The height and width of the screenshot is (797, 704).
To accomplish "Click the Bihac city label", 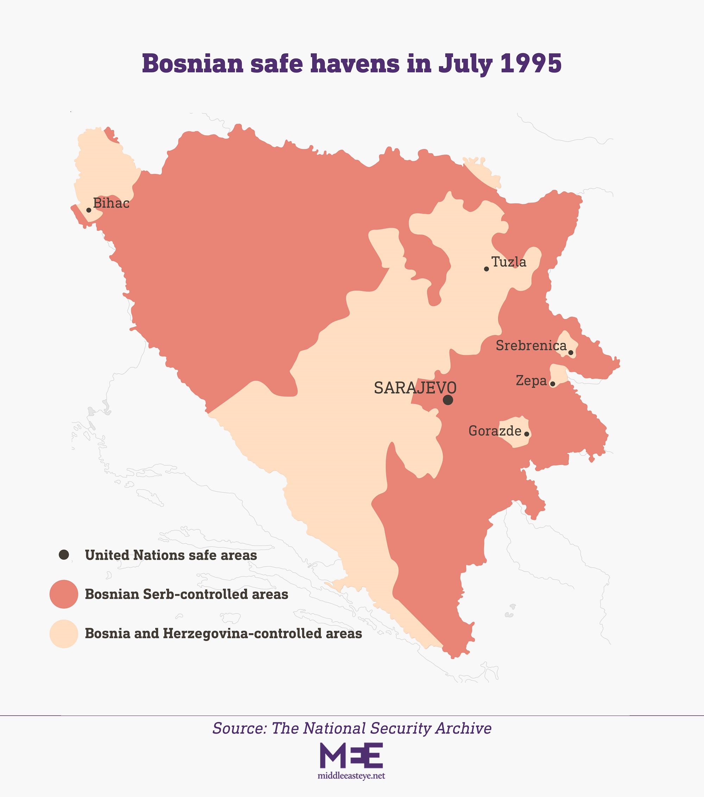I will (111, 204).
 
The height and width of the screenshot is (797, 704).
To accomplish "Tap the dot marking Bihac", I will (88, 210).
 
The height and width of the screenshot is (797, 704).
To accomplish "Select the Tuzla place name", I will (509, 262).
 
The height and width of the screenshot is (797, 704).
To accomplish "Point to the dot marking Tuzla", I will (486, 269).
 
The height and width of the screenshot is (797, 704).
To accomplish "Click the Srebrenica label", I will (531, 346).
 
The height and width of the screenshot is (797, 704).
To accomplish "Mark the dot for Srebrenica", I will (571, 353).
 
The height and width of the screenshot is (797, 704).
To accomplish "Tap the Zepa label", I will (531, 381).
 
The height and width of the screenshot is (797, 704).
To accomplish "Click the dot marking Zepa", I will (552, 384).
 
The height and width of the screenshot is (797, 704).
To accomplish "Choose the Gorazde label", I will (495, 431).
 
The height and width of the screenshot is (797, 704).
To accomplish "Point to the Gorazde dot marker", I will (527, 434).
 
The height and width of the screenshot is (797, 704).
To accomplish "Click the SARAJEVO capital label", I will (415, 388).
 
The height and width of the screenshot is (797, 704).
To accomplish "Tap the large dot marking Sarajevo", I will (448, 400).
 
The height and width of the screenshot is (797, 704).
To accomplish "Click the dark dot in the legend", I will (64, 554).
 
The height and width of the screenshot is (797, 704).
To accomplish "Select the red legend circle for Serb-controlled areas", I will (64, 594).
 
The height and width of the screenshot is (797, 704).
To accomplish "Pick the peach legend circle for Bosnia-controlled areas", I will (64, 634).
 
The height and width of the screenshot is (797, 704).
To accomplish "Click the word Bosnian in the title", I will (193, 63).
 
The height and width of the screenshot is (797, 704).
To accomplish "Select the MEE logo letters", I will (351, 755).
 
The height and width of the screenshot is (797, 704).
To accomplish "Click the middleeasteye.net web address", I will (351, 776).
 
